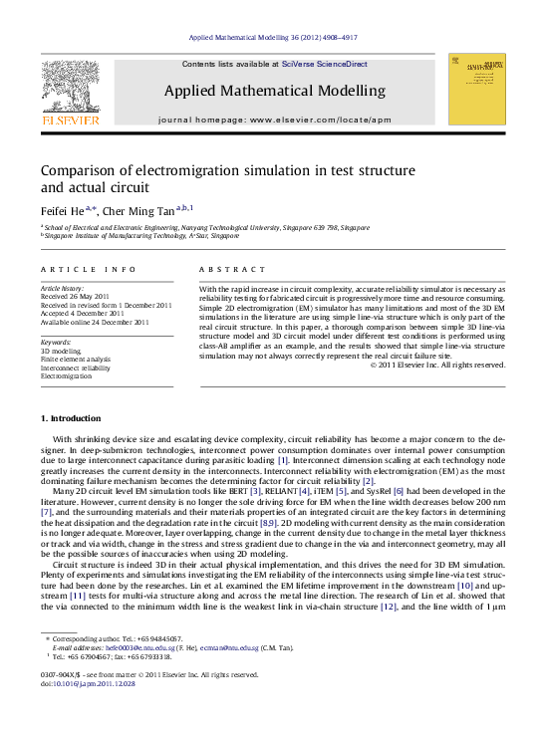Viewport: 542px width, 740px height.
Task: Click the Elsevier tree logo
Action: coord(70,88)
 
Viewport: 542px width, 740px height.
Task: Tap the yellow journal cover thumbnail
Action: coord(476,89)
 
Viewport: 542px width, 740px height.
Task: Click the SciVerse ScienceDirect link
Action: coord(324,64)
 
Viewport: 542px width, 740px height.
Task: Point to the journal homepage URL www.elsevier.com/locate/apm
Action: coord(321,120)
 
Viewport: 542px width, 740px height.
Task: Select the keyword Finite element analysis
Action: coord(76,360)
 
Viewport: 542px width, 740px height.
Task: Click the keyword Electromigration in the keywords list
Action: coord(66,376)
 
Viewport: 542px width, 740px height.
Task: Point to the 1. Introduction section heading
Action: coord(69,417)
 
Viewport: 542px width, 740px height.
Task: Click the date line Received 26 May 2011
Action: coord(79,297)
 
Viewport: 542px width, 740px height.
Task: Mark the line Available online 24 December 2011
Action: coord(95,322)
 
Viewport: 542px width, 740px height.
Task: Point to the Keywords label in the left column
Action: coord(57,343)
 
